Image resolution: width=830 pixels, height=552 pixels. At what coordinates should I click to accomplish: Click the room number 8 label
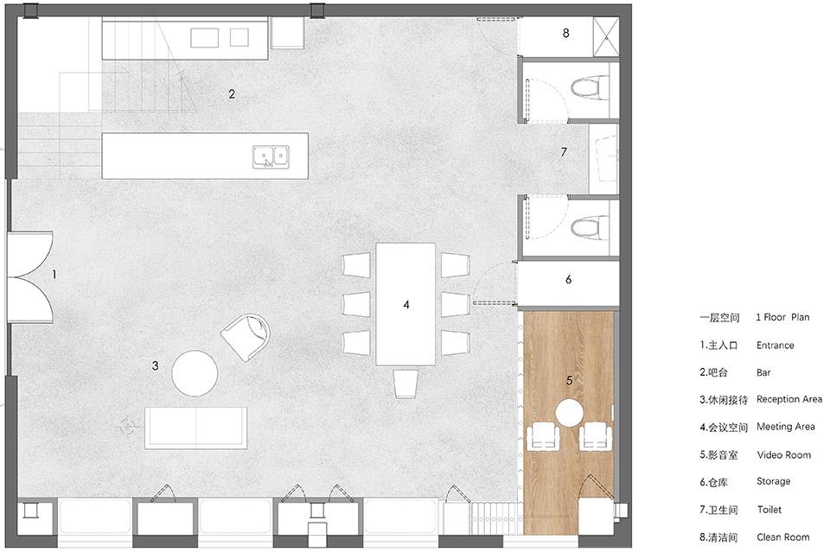click(x=565, y=33)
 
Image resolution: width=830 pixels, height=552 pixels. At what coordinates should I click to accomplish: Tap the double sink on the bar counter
click(x=271, y=156)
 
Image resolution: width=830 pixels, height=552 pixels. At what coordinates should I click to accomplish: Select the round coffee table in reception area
click(x=195, y=373)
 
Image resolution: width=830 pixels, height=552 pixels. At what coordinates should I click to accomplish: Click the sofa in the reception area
click(x=196, y=428)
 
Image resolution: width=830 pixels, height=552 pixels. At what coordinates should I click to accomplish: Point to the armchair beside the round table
click(x=245, y=336)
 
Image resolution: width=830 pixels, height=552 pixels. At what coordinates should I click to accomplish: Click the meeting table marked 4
click(x=405, y=304)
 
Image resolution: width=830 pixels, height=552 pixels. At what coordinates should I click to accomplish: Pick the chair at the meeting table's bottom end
click(x=405, y=384)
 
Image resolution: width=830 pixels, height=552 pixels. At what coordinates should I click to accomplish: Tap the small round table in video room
click(x=569, y=413)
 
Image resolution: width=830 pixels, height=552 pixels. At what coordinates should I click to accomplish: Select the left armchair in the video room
click(x=543, y=435)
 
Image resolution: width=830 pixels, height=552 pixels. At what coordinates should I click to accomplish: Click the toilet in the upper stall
click(x=591, y=88)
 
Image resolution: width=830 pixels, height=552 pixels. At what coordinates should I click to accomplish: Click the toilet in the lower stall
click(x=591, y=228)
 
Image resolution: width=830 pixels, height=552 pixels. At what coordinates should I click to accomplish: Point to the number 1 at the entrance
click(x=54, y=275)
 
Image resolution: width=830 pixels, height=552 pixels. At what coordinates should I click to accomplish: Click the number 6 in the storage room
click(x=569, y=279)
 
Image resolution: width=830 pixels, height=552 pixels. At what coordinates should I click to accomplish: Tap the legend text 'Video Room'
click(x=783, y=454)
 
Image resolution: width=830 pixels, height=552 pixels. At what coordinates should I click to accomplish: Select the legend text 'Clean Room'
click(x=783, y=537)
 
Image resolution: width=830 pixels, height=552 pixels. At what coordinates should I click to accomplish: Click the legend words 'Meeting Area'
click(x=786, y=426)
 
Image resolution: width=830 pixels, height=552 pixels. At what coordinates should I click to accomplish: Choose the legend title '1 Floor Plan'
click(x=782, y=317)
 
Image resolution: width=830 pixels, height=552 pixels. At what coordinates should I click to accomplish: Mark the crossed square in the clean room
click(x=605, y=36)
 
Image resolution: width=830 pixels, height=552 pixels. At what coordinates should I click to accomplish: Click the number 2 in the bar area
click(x=232, y=94)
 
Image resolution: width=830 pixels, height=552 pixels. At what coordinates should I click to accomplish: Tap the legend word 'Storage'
click(x=773, y=481)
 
